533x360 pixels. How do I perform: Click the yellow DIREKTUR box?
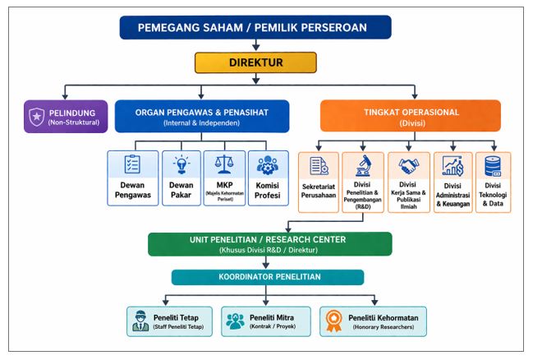(x=255, y=62)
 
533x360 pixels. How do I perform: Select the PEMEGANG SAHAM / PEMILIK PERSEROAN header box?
(x=255, y=27)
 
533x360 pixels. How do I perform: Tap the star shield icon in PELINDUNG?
(x=38, y=116)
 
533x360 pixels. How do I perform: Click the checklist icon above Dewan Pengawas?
(x=131, y=163)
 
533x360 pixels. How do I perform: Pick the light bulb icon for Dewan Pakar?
(x=180, y=163)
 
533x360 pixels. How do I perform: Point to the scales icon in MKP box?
(x=223, y=163)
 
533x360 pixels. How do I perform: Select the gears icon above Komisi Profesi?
(x=268, y=163)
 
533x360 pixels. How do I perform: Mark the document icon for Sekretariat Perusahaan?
(x=319, y=167)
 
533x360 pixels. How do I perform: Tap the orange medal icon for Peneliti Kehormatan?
(x=334, y=321)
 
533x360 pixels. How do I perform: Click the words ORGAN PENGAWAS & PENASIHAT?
(x=202, y=112)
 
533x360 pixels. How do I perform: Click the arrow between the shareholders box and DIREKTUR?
(x=255, y=45)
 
